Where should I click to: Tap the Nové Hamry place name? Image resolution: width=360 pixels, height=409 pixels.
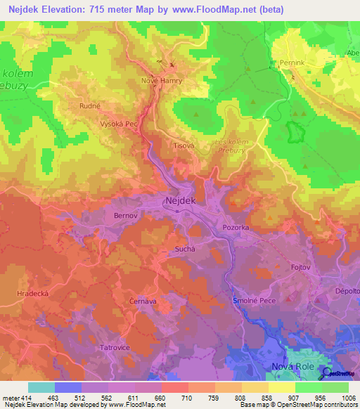(162, 81)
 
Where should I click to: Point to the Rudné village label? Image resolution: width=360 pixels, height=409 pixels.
(89, 107)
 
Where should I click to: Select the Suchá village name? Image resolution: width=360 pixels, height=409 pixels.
(184, 249)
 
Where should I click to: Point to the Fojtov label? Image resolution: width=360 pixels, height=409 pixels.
(300, 268)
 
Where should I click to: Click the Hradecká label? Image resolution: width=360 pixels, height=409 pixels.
(33, 294)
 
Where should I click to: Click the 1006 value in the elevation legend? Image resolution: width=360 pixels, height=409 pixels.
(348, 398)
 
